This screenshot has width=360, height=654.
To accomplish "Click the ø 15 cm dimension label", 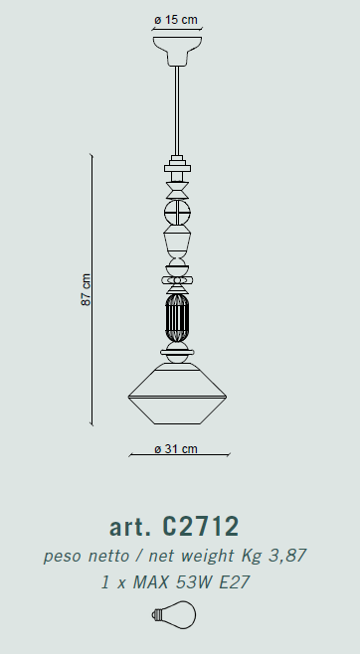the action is click(176, 20).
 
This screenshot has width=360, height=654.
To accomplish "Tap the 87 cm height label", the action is click(86, 290).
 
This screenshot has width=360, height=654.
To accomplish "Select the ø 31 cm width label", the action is click(176, 449).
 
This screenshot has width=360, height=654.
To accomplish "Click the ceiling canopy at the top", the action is click(177, 51).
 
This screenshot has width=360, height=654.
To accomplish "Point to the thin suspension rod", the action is click(177, 110).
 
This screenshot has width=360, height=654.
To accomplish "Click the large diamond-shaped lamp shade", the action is click(177, 394).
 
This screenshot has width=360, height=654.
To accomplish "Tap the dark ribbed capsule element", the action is click(177, 318).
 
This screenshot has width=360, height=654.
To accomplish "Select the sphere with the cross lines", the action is click(177, 213).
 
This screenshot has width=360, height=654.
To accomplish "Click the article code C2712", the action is click(200, 527).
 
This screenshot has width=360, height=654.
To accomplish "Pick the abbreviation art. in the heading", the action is click(129, 527).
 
